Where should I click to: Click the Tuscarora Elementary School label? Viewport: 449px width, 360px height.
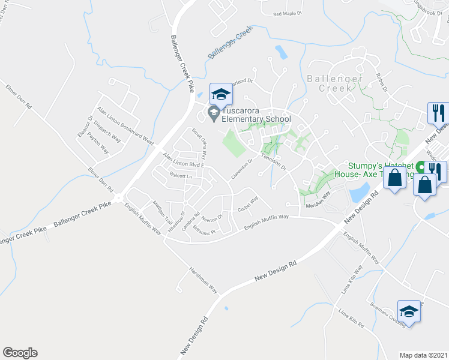256,115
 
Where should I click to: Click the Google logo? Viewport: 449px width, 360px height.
20,353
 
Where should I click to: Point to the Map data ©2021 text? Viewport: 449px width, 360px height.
424,355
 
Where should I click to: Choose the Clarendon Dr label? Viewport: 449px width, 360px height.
244,169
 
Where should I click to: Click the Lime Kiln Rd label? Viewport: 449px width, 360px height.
351,319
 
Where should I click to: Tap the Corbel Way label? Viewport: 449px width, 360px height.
247,204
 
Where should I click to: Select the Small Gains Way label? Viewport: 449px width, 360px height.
199,140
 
